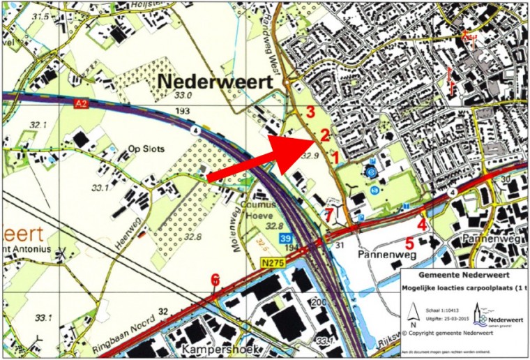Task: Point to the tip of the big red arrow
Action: coord(313,140)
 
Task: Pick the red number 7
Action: coord(328,213)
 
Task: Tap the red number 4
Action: coord(421,225)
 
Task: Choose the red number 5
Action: coord(409,243)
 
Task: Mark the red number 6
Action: coord(215,280)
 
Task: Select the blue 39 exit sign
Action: coord(285,239)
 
